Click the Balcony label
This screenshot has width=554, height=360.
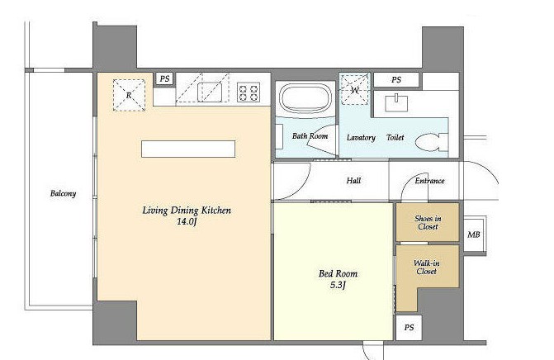(x=63, y=193)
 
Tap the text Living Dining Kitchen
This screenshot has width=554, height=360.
(x=187, y=211)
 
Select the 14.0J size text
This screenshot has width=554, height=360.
(x=187, y=222)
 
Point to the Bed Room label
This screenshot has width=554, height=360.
(x=338, y=273)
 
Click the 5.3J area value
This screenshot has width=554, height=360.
(x=338, y=285)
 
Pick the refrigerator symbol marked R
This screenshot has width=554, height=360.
(x=129, y=95)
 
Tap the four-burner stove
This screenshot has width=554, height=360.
(x=249, y=92)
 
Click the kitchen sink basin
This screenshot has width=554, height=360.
(x=210, y=92)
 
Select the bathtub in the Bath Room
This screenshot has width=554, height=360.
(x=306, y=98)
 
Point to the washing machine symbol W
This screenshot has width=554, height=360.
(x=355, y=90)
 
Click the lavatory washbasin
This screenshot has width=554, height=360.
(x=396, y=103)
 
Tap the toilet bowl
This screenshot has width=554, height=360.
(x=432, y=142)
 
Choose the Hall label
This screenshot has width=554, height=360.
(x=353, y=181)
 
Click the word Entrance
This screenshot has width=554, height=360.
(x=429, y=181)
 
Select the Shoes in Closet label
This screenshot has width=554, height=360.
(x=428, y=223)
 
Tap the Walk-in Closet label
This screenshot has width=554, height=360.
(x=427, y=267)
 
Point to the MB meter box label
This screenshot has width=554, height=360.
(x=473, y=234)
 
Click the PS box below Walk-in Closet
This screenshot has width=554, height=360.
(x=409, y=328)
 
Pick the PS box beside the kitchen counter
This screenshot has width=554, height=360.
(x=164, y=78)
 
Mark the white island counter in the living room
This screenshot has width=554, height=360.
(x=188, y=149)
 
